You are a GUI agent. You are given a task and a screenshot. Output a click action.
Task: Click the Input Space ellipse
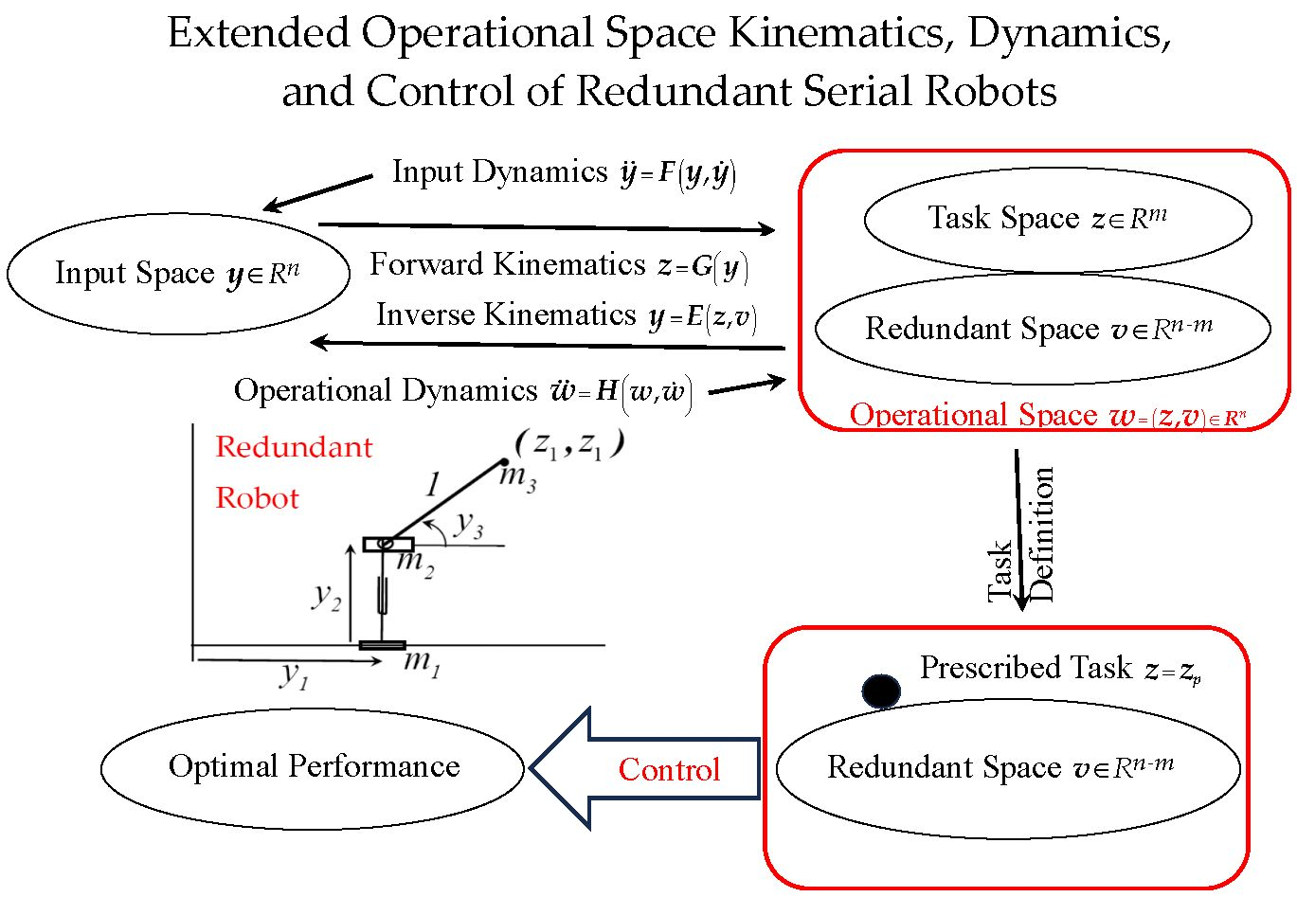pos(177,275)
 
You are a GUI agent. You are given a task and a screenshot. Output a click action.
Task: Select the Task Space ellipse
pos(1057,220)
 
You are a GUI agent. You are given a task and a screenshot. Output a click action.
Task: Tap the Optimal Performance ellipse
pos(313,766)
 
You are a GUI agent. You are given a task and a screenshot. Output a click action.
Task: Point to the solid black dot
pos(881,691)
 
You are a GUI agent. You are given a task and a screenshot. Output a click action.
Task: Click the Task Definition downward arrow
pos(1019,530)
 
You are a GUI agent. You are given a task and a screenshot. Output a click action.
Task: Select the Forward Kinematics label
pos(508,264)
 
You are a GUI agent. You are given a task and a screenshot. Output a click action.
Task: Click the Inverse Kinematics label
pos(507,314)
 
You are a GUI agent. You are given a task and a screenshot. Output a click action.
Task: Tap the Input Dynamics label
pos(499,172)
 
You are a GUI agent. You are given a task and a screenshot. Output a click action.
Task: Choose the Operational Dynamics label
pos(386,390)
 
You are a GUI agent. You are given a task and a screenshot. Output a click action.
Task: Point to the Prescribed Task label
pos(1026,668)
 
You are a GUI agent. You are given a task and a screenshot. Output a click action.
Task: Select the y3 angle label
pos(468,524)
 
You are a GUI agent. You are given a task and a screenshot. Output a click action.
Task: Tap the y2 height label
pos(326,597)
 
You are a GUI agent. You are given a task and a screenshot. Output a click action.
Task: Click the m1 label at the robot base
pos(422,662)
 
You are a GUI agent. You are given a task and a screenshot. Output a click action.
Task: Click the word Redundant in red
pos(294,447)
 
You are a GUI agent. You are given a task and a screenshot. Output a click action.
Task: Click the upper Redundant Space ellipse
pos(1042,329)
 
